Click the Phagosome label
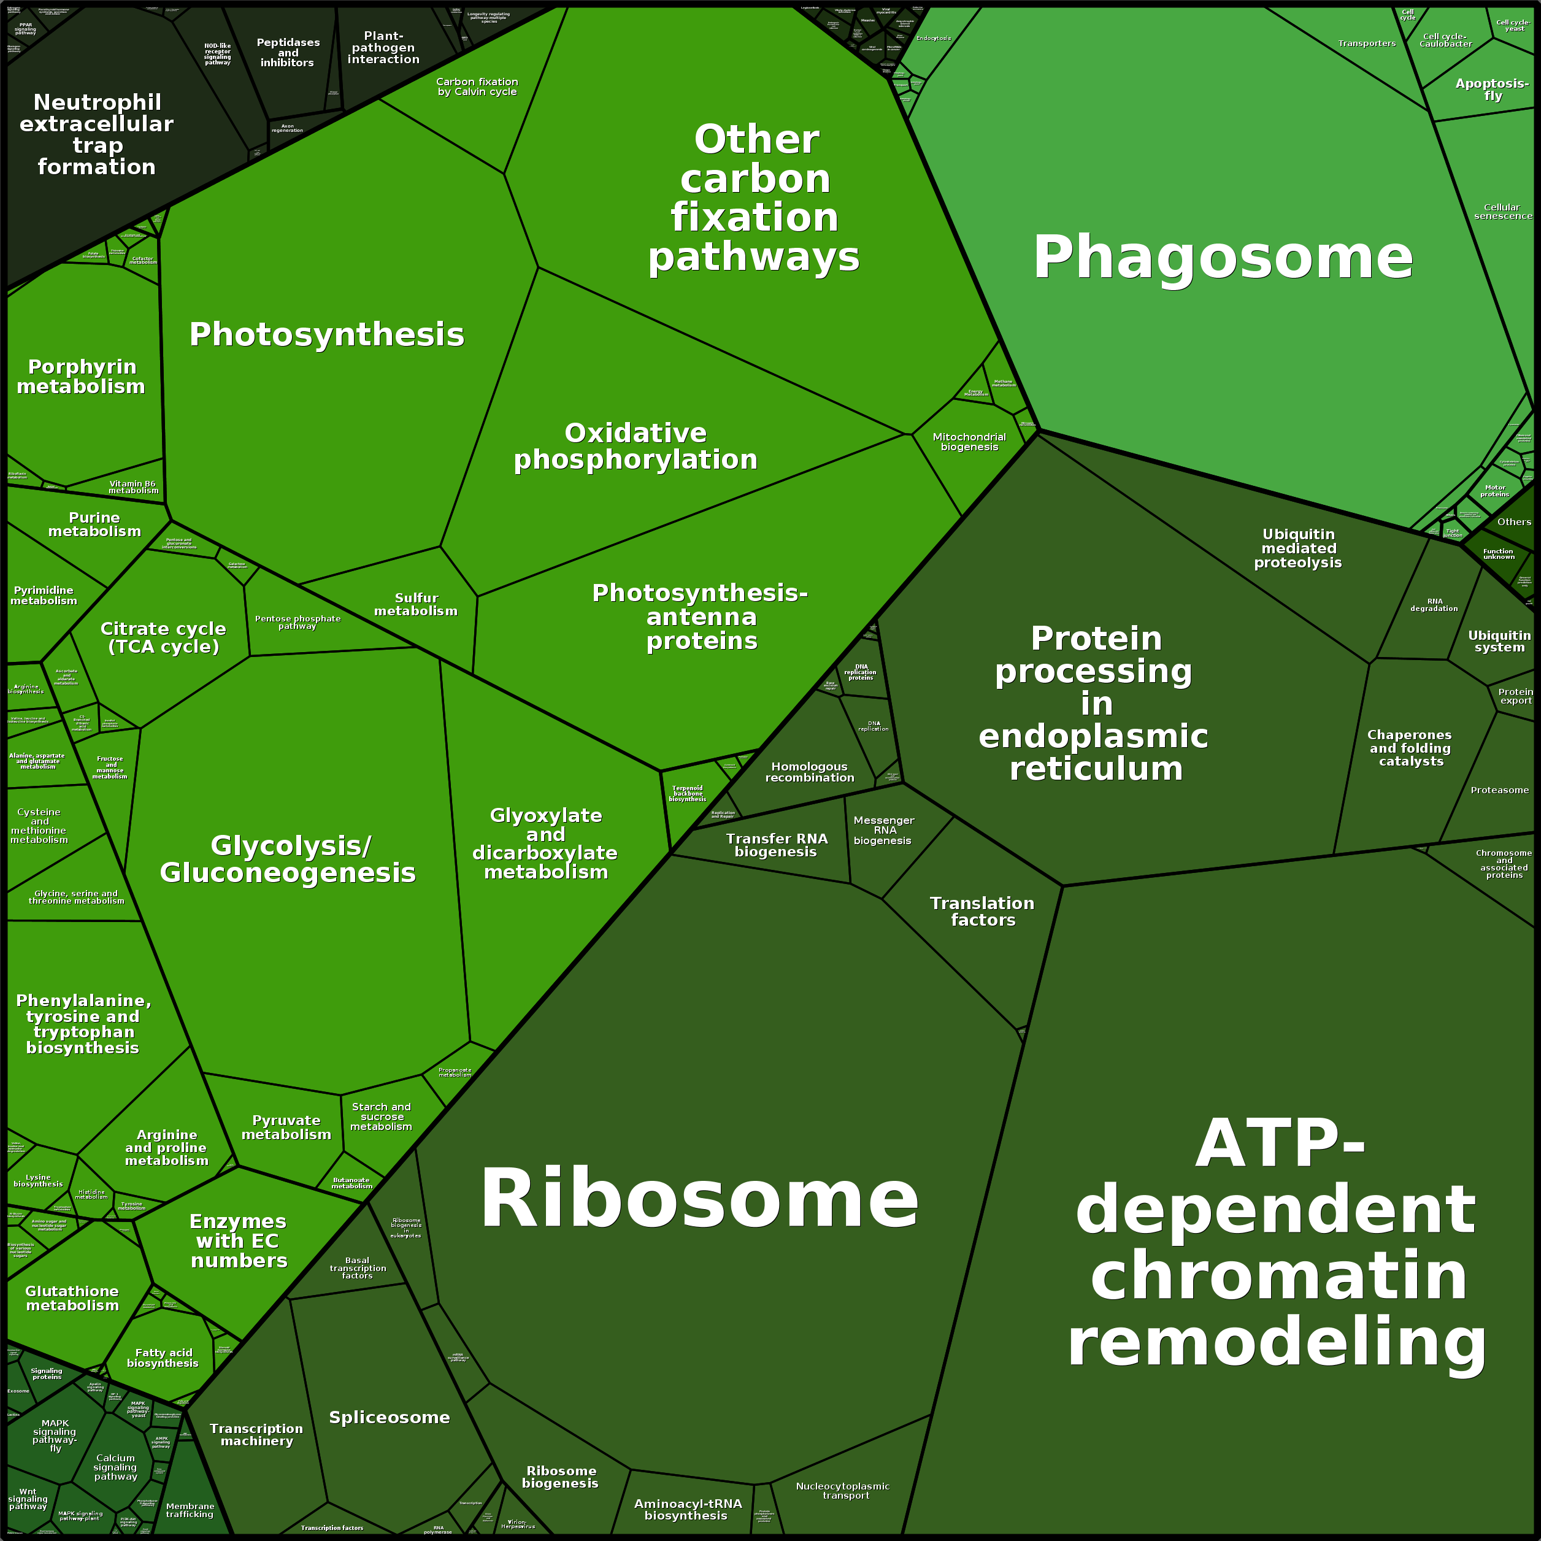click(1222, 258)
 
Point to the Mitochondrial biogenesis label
click(969, 442)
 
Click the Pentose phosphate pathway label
click(298, 622)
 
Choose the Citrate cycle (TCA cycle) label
click(164, 637)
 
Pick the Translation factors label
click(982, 911)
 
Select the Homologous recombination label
click(810, 772)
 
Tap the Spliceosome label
click(390, 1417)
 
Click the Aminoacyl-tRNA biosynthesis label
click(688, 1509)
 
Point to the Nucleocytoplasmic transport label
click(842, 1491)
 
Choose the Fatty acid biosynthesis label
click(164, 1358)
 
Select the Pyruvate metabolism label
click(286, 1127)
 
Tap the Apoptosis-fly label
click(1491, 90)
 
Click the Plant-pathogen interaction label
click(383, 48)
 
